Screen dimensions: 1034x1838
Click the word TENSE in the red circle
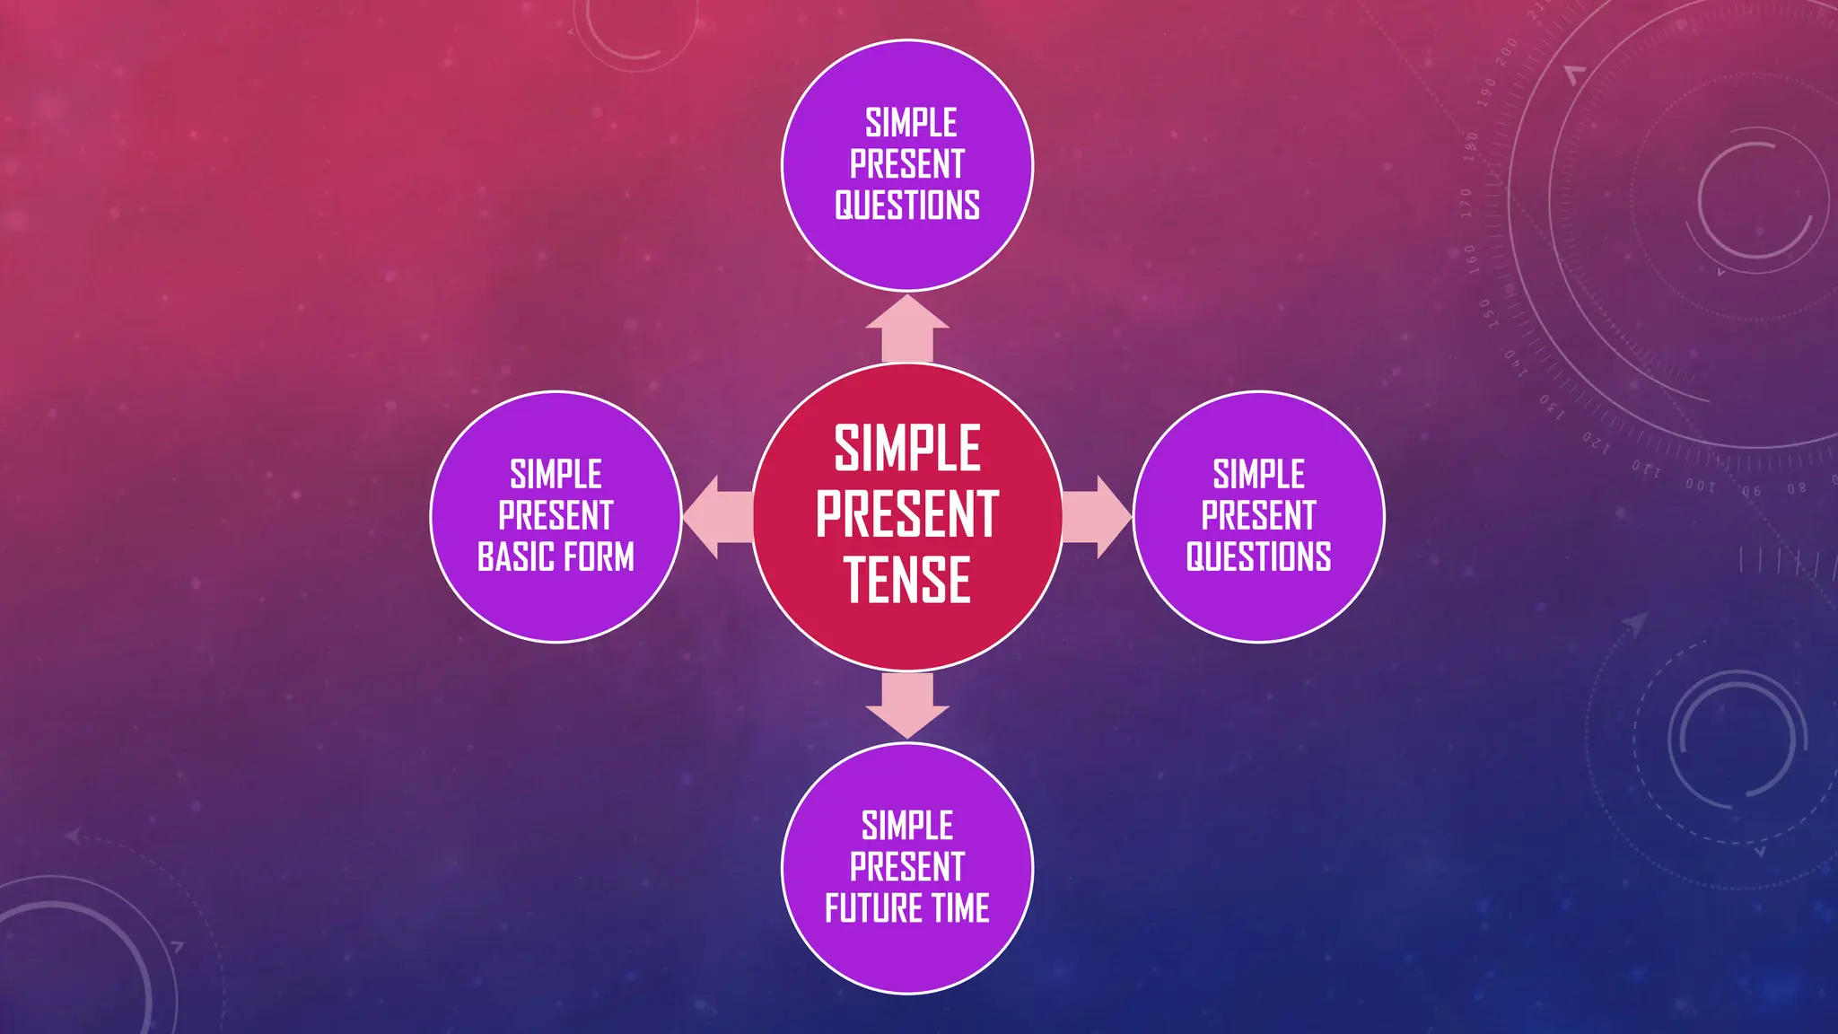point(907,580)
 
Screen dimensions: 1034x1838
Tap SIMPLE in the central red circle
point(907,448)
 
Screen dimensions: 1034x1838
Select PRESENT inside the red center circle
point(907,514)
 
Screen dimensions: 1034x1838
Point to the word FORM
point(599,557)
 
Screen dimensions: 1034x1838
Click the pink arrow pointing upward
point(907,329)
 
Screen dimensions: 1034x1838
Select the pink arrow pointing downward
point(907,705)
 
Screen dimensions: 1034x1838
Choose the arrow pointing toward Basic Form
point(717,517)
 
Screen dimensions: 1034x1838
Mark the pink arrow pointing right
point(1097,517)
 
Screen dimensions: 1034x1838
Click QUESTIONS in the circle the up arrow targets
point(907,206)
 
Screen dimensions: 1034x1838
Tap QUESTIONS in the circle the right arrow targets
point(1258,557)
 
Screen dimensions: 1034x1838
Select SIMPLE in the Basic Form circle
point(556,474)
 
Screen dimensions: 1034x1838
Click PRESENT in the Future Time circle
point(907,867)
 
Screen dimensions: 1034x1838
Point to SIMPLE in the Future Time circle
point(907,826)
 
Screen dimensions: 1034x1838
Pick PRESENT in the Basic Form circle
point(556,516)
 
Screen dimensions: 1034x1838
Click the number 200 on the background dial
point(1507,52)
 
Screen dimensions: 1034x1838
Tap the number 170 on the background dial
point(1466,204)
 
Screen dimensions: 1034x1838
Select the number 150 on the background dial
point(1487,313)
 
